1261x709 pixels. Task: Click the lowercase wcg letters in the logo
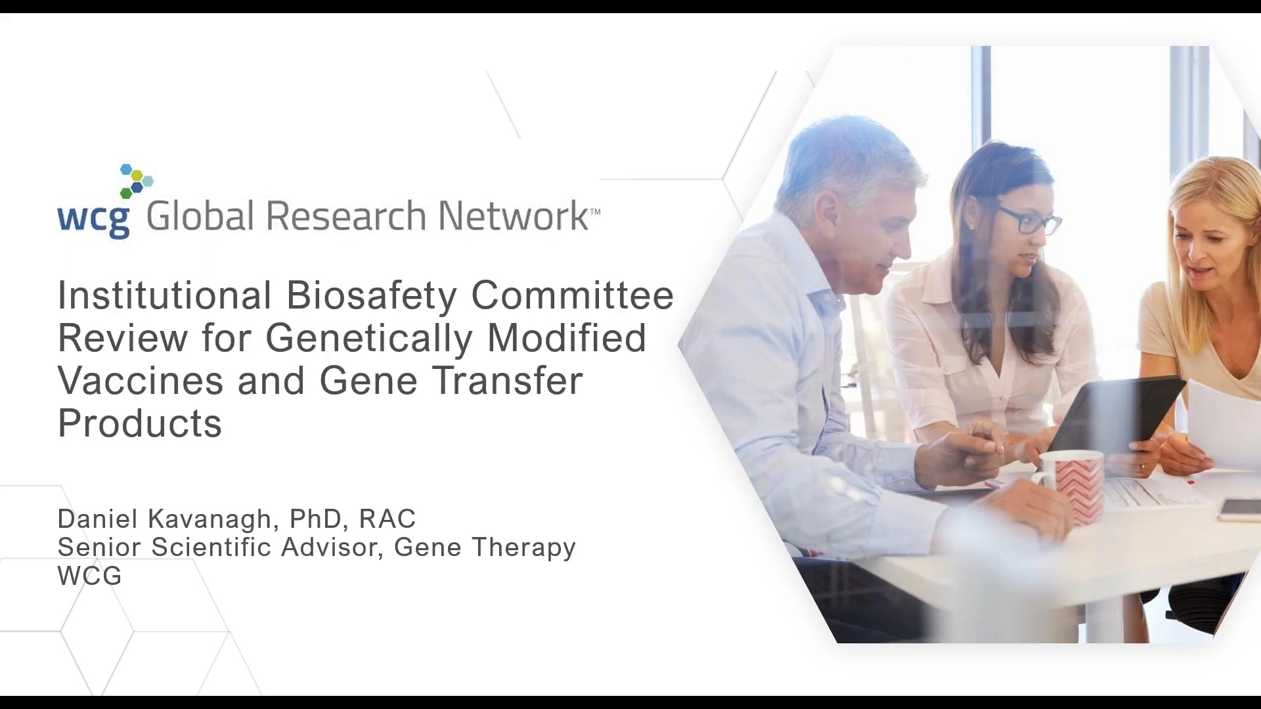[93, 219]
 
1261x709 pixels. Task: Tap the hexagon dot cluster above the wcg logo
[137, 181]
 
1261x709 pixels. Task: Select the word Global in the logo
[200, 216]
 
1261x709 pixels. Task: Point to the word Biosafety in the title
[371, 295]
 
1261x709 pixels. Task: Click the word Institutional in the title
[165, 295]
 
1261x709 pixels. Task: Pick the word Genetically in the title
[369, 339]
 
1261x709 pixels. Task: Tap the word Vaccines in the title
[141, 381]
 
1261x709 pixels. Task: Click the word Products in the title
[140, 423]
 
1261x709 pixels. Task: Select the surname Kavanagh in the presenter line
[210, 519]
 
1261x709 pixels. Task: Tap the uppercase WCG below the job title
[90, 576]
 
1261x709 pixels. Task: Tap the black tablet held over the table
[1116, 414]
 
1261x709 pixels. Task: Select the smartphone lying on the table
[1239, 510]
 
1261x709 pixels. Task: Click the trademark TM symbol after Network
[595, 211]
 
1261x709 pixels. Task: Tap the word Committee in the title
[572, 295]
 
